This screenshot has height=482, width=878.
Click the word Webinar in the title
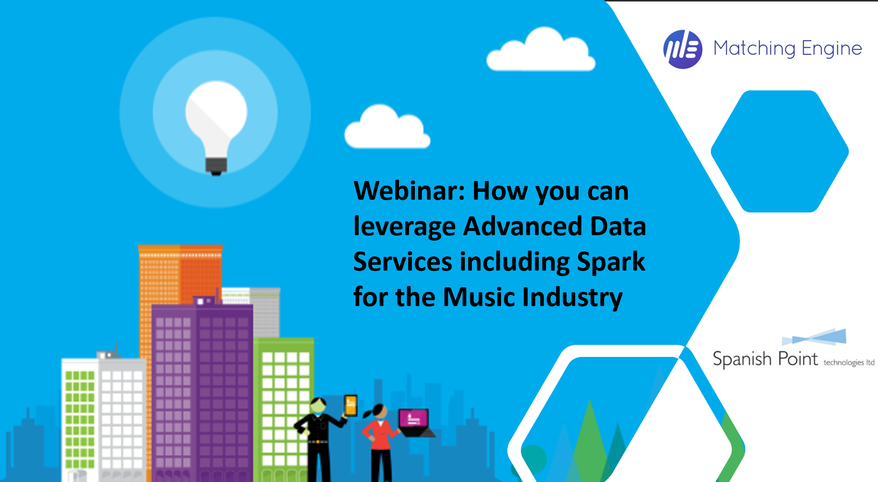tap(409, 191)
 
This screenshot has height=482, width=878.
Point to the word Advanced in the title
tap(523, 226)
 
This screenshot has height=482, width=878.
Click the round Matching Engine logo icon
tap(682, 49)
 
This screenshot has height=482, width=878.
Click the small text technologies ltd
tap(848, 362)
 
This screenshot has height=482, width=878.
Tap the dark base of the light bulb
tap(216, 166)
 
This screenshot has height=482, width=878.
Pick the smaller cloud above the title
tap(387, 128)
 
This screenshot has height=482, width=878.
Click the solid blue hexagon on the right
tap(779, 151)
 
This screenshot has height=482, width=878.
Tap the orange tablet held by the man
tap(351, 405)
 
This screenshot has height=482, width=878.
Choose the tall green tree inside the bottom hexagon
tap(589, 438)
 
